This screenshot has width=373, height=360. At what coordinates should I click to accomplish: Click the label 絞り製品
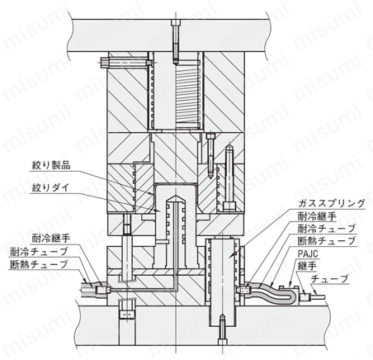click(51, 165)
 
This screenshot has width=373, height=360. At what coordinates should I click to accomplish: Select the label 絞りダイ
click(50, 188)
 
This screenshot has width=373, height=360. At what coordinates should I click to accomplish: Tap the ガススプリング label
click(332, 203)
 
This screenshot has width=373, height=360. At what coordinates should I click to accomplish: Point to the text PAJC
click(308, 253)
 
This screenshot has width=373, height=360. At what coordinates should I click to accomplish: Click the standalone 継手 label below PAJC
click(307, 266)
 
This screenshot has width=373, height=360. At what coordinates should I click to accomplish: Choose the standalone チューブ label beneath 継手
click(329, 279)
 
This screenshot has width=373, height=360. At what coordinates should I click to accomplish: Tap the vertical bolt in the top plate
click(175, 42)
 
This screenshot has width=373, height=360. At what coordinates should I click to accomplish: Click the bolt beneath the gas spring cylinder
click(222, 329)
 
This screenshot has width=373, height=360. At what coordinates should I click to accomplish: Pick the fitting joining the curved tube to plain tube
click(305, 297)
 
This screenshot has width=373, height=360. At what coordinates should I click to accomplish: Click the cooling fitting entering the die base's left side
click(102, 290)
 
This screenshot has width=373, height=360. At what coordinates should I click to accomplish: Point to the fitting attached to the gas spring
click(244, 290)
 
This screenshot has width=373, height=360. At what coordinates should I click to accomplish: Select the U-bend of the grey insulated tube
click(292, 296)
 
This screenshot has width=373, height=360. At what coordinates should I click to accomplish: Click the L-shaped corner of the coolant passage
click(174, 288)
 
